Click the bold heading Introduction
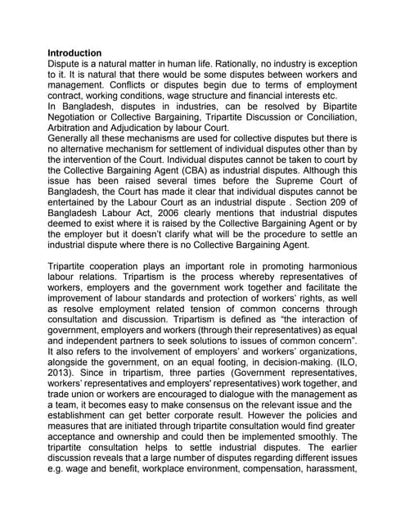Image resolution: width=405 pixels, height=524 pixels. click(74, 52)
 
